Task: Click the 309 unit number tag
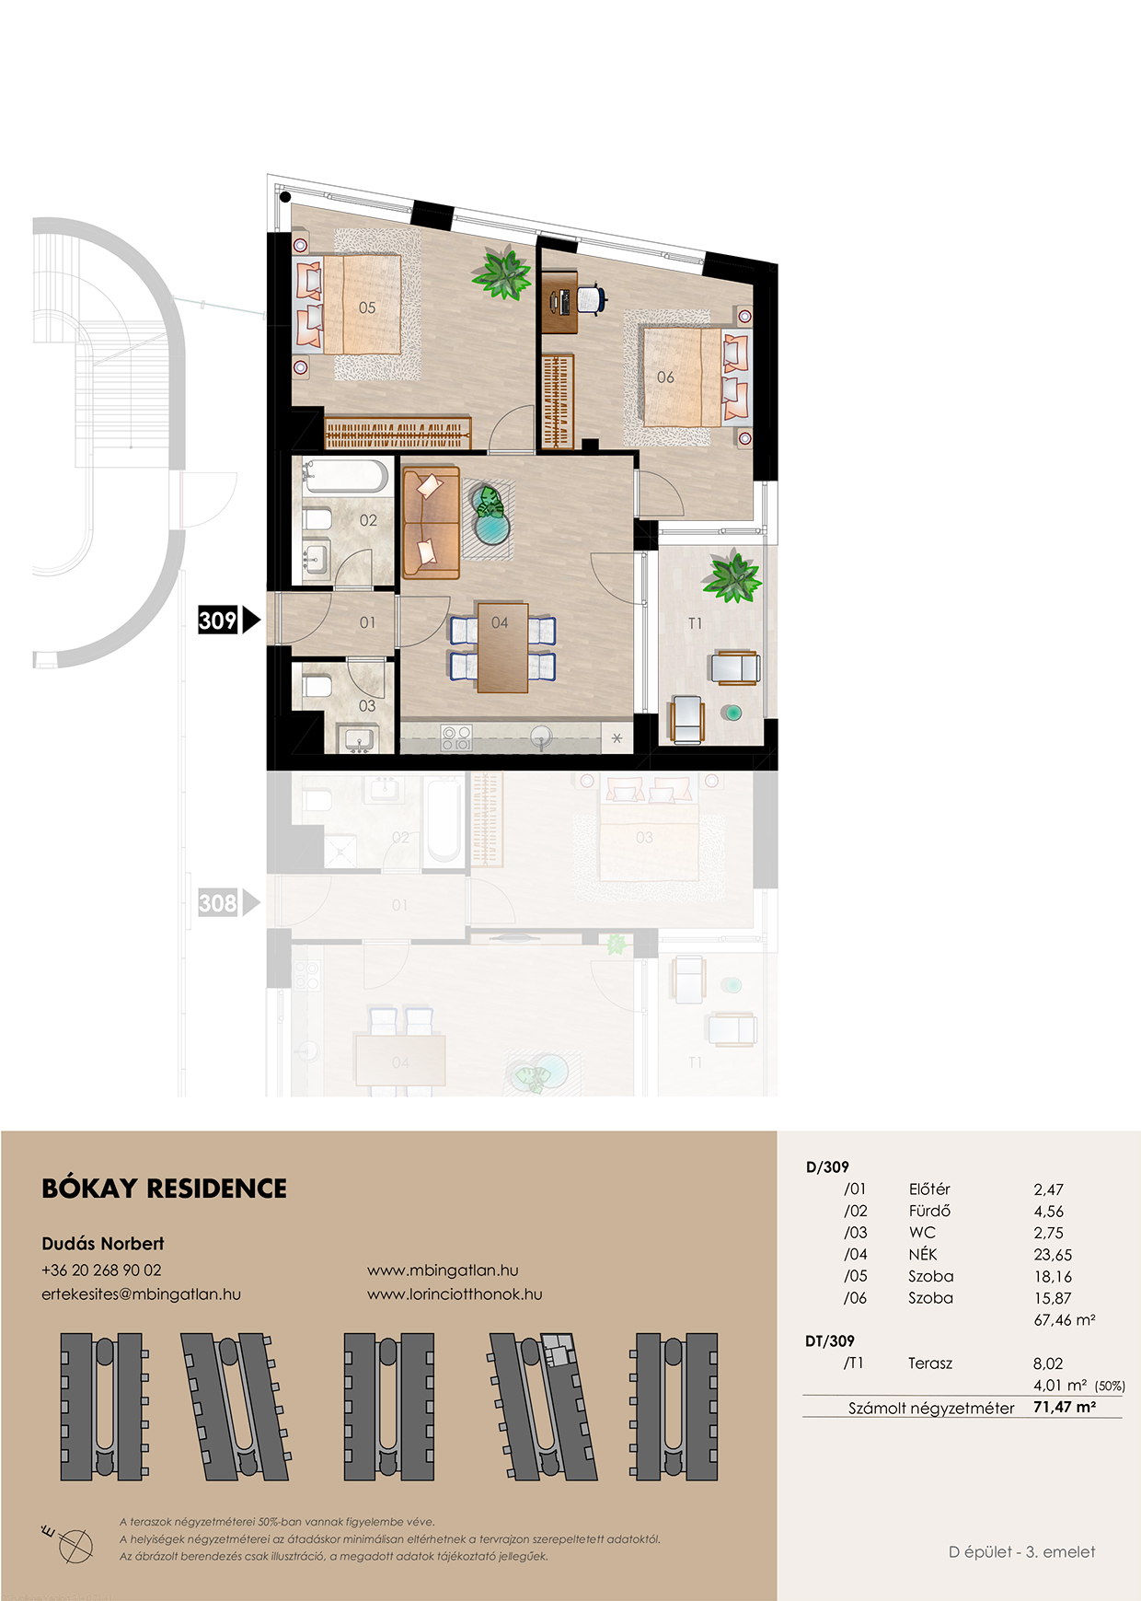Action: pos(219,620)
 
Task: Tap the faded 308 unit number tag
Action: pos(219,903)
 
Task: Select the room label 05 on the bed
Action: pos(367,307)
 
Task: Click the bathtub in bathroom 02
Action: pos(345,476)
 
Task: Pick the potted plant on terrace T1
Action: pos(732,576)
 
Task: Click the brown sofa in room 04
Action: pos(431,522)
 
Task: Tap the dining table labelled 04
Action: pos(502,647)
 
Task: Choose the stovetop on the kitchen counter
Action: pos(456,737)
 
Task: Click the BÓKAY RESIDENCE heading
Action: pos(165,1189)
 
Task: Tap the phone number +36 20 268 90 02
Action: pos(101,1270)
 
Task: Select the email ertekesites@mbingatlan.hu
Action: pos(141,1294)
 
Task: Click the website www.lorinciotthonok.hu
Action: pos(455,1294)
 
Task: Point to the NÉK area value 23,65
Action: pos(1053,1255)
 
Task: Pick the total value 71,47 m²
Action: pos(1065,1407)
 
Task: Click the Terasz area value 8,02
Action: pos(1048,1363)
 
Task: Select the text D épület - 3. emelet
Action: pos(1022,1552)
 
